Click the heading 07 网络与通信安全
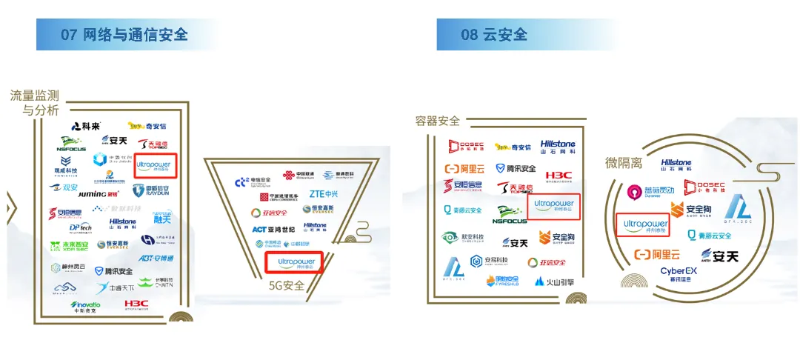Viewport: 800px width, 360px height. pos(124,34)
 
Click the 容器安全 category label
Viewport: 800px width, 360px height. pos(438,121)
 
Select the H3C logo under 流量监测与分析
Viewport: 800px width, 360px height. pos(136,304)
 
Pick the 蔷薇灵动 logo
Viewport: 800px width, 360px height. pos(645,191)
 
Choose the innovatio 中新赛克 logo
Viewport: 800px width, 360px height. pos(85,305)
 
